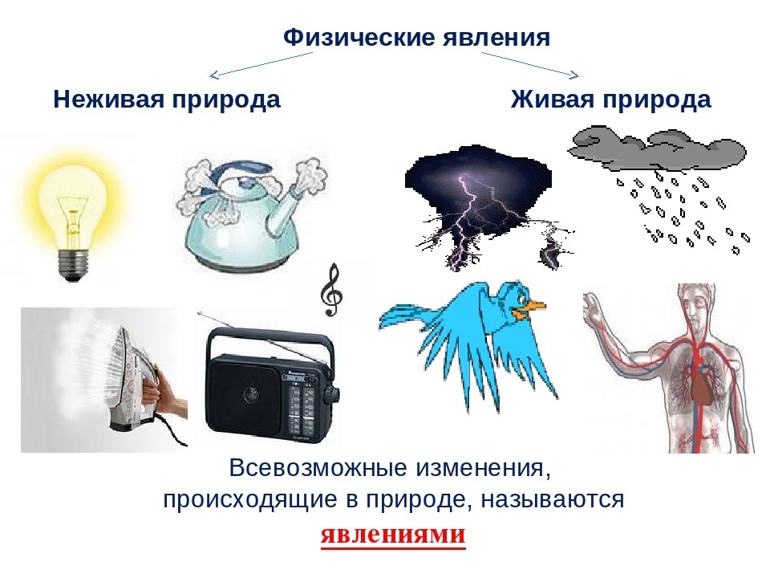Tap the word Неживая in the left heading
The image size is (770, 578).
coord(108,99)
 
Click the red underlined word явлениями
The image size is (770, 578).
coord(393,534)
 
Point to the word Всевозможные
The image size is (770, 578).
coord(318,467)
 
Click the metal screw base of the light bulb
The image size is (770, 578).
coord(73,264)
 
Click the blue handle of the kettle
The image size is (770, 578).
coord(240,172)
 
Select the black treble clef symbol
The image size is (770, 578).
coord(331,290)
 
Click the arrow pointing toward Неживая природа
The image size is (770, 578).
coord(261,64)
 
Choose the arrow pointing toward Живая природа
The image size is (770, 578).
coord(530,64)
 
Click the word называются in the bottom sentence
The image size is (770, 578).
coord(553,500)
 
